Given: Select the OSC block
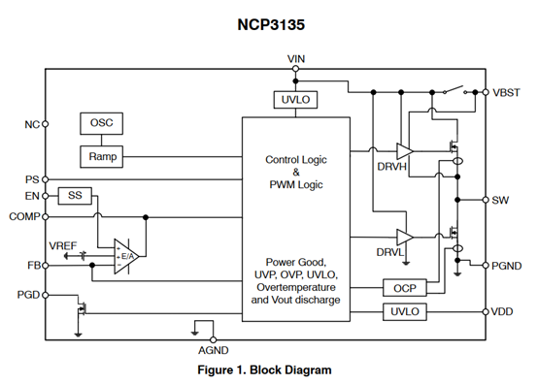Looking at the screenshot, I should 101,124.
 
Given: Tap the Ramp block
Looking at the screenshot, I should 101,156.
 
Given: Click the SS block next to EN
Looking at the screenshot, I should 75,196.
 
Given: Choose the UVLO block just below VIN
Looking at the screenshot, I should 295,100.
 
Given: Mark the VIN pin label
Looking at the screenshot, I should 297,60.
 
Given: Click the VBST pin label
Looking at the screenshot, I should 508,92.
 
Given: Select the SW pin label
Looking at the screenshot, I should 500,200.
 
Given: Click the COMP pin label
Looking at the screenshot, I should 23,216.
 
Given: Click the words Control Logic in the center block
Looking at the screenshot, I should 297,159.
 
